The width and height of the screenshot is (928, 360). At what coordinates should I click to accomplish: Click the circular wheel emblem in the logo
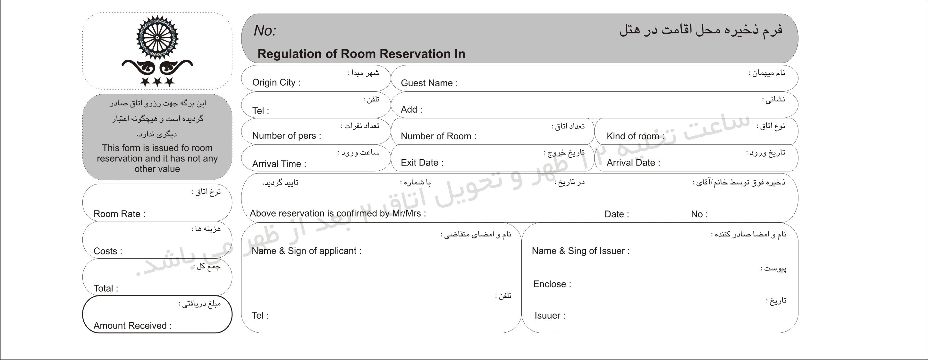point(157,38)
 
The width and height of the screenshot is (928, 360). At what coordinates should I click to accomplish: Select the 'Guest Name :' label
point(429,83)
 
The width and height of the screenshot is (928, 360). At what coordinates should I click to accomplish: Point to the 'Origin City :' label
point(276,82)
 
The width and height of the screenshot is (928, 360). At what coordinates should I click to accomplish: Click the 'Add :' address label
point(411,109)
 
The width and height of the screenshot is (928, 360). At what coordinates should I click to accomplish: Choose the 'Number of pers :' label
point(286,136)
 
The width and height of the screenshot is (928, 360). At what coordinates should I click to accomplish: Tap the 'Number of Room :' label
point(438,136)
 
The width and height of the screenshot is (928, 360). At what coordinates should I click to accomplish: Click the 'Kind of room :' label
point(635,136)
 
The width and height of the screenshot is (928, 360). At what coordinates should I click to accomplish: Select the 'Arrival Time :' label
point(279,164)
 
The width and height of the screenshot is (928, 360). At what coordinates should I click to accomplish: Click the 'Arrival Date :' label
point(633,163)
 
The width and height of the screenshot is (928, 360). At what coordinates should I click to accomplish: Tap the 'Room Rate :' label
point(119,214)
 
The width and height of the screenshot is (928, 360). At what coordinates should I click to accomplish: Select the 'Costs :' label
point(108,251)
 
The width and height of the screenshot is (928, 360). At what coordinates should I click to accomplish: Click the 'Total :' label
point(105,288)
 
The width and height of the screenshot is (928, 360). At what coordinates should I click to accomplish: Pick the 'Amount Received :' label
point(132,326)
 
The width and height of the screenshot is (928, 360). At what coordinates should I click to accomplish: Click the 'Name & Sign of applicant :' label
point(306,251)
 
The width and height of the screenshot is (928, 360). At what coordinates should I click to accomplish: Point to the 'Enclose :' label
point(552,284)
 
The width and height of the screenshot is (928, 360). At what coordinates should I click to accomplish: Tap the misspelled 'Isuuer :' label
point(550,316)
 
